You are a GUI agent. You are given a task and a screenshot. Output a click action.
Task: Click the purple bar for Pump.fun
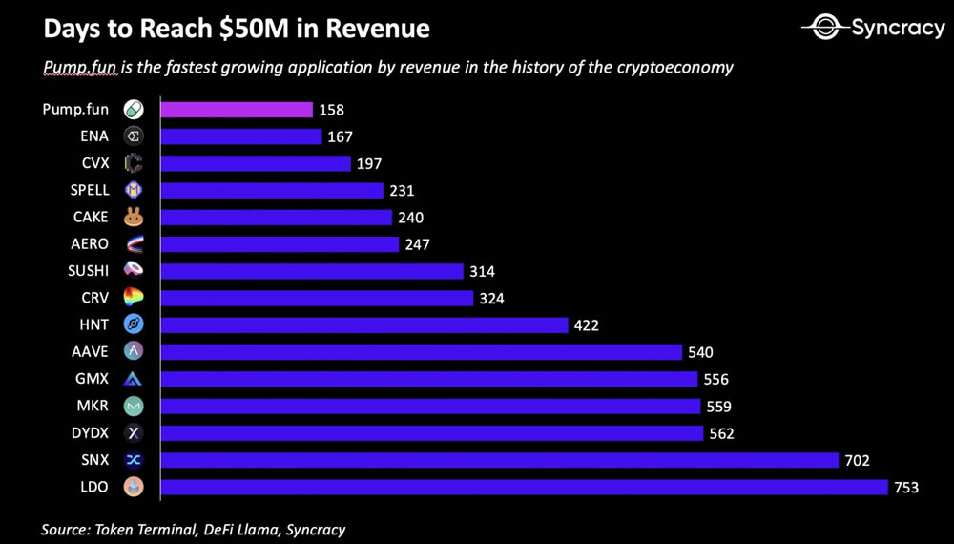237,110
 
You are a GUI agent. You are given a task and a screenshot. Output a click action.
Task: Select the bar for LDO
525,487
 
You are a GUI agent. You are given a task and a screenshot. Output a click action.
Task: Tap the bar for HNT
364,325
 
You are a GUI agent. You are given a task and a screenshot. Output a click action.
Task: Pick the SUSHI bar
312,272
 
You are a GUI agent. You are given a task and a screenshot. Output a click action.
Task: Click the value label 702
857,460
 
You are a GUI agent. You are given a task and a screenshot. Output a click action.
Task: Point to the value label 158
331,110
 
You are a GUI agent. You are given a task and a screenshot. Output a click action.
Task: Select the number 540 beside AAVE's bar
700,352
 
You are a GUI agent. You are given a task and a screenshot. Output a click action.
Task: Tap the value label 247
417,245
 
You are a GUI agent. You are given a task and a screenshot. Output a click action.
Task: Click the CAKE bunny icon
134,218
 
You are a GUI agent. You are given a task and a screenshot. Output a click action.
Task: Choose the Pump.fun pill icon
134,110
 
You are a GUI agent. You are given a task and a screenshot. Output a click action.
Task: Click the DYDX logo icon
134,433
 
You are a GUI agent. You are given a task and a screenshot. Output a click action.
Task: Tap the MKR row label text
93,407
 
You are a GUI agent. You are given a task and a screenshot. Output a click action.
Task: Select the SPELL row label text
90,191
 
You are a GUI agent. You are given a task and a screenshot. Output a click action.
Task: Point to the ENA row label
94,136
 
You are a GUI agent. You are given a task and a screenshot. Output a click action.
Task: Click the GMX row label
92,379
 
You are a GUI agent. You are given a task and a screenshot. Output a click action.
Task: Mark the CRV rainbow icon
134,299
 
